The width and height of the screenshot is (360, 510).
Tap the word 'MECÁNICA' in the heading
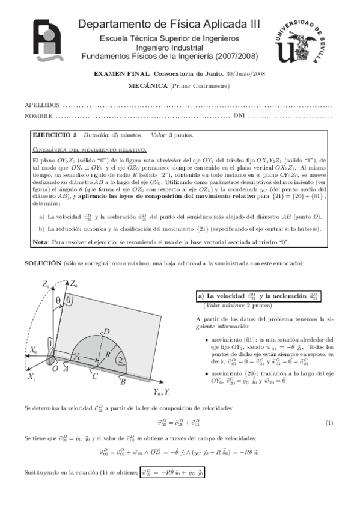click(148, 86)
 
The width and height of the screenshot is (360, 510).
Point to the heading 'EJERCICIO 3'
click(54, 135)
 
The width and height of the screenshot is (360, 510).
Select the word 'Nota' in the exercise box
click(40, 242)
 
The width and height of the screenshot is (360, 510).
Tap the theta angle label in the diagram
click(58, 300)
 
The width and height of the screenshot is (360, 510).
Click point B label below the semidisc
click(122, 381)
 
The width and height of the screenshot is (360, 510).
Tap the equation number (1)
click(329, 423)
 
